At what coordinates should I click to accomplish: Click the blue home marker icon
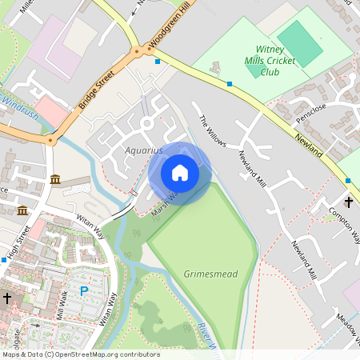click(x=180, y=173)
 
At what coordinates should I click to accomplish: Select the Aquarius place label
click(x=143, y=150)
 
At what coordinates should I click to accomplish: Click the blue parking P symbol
click(x=83, y=291)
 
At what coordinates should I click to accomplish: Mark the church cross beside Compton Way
click(x=349, y=202)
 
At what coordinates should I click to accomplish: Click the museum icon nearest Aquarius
click(x=54, y=178)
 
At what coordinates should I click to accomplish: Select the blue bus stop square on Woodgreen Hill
click(x=158, y=61)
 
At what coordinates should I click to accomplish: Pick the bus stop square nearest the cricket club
click(x=230, y=83)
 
